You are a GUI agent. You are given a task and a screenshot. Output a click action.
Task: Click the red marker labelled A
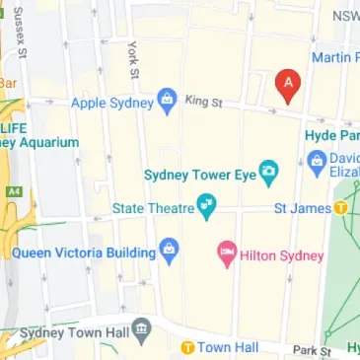click(287, 87)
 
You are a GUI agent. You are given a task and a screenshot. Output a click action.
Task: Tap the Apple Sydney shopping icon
click(167, 101)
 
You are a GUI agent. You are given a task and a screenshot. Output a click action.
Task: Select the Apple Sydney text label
click(113, 102)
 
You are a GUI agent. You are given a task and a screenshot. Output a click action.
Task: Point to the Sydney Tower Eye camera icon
click(267, 176)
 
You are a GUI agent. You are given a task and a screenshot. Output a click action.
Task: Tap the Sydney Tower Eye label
click(199, 176)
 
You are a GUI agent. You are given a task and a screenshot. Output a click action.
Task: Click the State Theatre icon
click(206, 207)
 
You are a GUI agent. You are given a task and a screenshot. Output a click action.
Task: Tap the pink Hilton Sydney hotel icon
click(226, 255)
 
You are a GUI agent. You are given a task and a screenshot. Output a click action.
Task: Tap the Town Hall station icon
click(185, 347)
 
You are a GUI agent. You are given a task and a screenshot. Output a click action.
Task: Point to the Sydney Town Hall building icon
click(142, 326)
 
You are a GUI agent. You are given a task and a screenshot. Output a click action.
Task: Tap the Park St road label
click(312, 350)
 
